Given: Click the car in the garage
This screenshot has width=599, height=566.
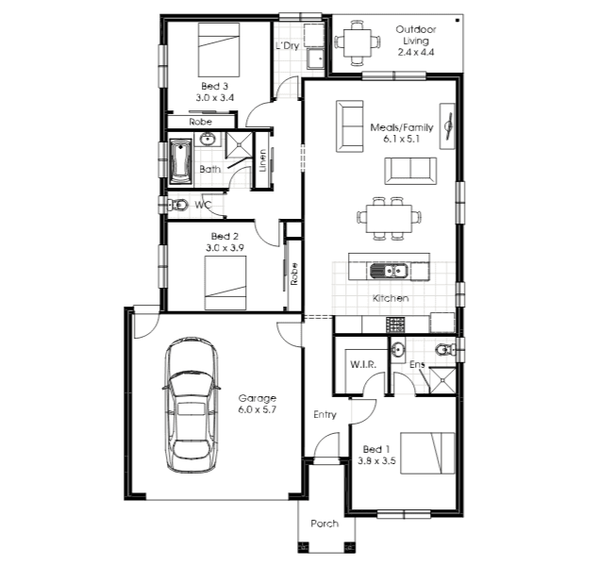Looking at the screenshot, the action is [x=191, y=406].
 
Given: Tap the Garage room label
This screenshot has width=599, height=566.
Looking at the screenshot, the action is [x=257, y=398].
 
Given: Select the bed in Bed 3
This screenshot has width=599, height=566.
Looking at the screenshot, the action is [x=219, y=50].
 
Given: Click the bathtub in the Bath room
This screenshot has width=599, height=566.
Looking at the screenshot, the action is [x=180, y=161].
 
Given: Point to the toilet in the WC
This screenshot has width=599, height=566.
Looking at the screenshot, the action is [x=178, y=206].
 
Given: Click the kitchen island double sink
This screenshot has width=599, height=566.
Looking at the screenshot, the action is [x=388, y=271].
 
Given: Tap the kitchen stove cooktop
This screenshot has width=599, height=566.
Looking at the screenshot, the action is [x=395, y=325].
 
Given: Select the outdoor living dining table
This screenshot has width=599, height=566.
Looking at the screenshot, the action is [x=358, y=42].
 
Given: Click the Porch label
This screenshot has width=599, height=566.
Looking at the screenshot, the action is [x=324, y=524].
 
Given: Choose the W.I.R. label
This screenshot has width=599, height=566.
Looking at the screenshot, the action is [x=363, y=364].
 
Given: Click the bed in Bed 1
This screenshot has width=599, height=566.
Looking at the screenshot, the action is [x=427, y=454].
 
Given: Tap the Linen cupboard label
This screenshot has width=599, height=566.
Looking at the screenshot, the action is [x=262, y=160].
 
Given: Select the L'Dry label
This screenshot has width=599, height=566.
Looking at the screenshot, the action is [x=288, y=46].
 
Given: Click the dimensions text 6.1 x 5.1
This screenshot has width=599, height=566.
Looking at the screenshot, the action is [x=402, y=139].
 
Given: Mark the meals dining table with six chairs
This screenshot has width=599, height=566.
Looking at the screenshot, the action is [x=389, y=219].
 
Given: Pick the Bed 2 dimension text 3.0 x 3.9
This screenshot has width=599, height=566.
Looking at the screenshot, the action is [x=225, y=247].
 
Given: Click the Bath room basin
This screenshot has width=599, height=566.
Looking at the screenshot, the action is [x=208, y=139].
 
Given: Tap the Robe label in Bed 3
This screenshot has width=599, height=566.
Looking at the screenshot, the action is [x=201, y=122].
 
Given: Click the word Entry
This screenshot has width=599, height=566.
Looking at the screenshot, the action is [x=324, y=415].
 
